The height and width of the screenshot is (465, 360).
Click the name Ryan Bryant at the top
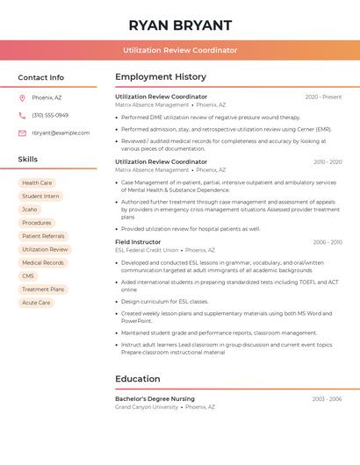click(x=180, y=25)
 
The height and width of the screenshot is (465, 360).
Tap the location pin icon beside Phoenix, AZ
click(x=22, y=97)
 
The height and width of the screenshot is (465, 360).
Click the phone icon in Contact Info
click(x=22, y=115)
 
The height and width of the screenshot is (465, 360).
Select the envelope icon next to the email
click(x=22, y=132)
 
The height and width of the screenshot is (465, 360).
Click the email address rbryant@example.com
click(x=61, y=132)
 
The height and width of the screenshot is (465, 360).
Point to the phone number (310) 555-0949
click(x=50, y=115)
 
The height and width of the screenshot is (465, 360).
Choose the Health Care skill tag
click(x=37, y=182)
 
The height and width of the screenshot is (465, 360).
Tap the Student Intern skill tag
click(x=40, y=196)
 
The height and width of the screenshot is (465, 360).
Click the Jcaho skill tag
click(x=30, y=210)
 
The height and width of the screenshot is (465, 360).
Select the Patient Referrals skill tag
click(x=43, y=236)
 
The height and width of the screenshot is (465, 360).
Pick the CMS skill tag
click(x=28, y=275)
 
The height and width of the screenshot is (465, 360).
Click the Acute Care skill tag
click(x=36, y=303)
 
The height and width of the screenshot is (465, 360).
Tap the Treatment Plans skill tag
click(x=43, y=289)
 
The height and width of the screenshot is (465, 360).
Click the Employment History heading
click(x=161, y=77)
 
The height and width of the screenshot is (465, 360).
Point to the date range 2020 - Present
click(x=323, y=97)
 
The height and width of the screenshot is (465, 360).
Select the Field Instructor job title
click(x=138, y=241)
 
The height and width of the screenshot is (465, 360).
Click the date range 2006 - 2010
click(x=327, y=241)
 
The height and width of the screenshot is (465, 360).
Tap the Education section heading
click(x=137, y=379)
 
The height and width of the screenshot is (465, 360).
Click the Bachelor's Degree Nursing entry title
click(x=155, y=398)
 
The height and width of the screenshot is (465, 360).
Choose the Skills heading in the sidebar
click(x=28, y=160)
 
